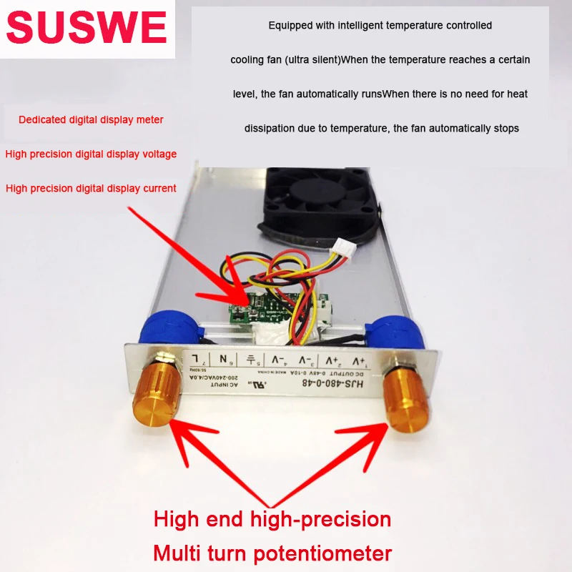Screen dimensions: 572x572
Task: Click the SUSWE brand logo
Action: [87, 29]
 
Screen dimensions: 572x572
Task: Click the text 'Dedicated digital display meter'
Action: [91, 119]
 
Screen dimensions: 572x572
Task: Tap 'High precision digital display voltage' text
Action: [91, 154]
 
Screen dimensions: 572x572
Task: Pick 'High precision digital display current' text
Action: [91, 188]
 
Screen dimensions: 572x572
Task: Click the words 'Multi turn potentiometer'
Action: [272, 552]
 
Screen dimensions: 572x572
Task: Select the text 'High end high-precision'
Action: [272, 518]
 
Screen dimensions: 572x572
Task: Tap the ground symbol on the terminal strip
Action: [251, 359]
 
